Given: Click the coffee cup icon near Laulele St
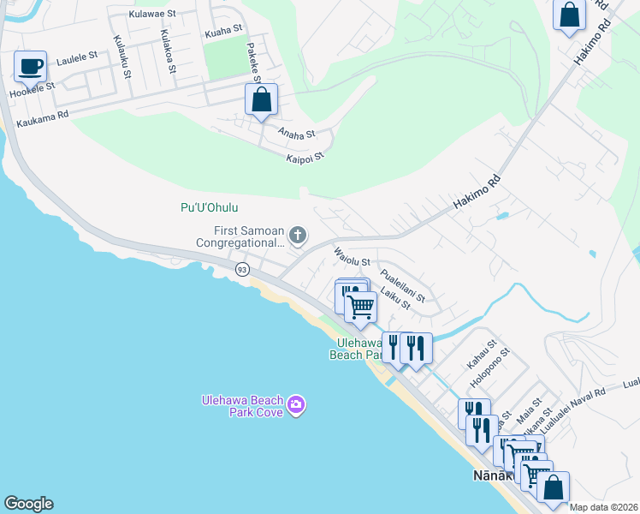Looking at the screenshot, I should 31,66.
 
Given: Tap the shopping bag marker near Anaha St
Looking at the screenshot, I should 262,99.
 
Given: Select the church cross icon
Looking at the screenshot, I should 298,235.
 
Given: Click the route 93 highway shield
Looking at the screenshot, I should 243,270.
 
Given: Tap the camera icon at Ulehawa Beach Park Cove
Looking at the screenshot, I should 296,404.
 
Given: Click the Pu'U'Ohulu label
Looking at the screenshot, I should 210,207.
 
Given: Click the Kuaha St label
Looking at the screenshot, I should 225,33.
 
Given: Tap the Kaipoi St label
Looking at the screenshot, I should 305,158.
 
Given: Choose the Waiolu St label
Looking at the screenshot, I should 351,256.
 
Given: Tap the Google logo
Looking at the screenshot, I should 28,504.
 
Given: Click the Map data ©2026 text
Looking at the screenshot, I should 603,507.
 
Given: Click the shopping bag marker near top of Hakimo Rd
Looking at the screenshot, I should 569,15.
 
